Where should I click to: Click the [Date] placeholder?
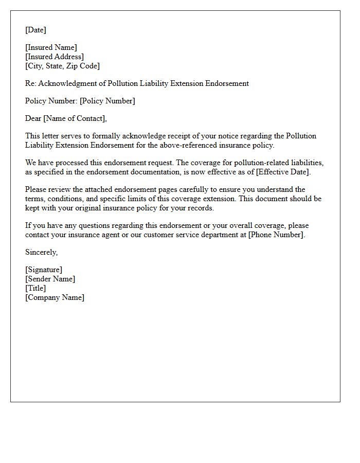coord(35,30)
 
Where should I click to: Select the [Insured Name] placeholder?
coord(51,47)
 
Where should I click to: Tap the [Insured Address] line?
coord(55,57)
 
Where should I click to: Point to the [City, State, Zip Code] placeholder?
coord(62,66)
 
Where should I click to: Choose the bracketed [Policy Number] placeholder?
coord(107,101)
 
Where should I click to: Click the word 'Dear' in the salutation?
coord(33,118)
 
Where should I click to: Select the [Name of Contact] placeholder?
coord(75,118)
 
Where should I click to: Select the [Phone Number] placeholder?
coord(275,235)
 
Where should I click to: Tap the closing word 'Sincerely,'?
coord(42,252)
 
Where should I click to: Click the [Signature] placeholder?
coord(44,270)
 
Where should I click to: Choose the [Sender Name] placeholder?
coord(50,279)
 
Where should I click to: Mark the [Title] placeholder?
coord(35,288)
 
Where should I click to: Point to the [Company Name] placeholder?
coord(55,297)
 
